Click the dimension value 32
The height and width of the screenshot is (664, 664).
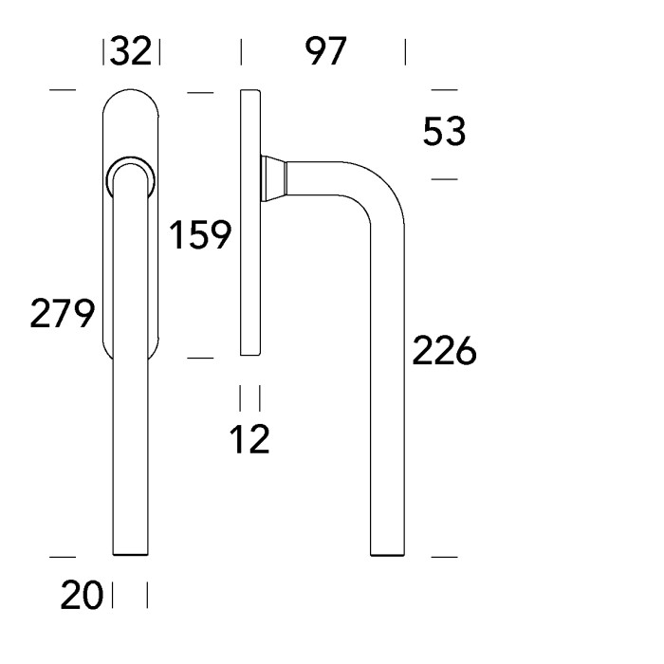(131, 51)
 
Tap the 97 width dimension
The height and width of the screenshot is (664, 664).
(326, 51)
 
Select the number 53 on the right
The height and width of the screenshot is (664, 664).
(444, 133)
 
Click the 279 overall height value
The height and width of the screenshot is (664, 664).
(62, 312)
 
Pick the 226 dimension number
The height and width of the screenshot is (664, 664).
(443, 352)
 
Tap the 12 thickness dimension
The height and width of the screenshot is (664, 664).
(250, 438)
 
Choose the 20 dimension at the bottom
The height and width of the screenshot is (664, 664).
(83, 597)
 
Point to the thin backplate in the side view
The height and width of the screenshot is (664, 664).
(249, 223)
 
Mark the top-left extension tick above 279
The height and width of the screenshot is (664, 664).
(62, 91)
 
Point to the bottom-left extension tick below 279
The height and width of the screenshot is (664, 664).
(62, 557)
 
